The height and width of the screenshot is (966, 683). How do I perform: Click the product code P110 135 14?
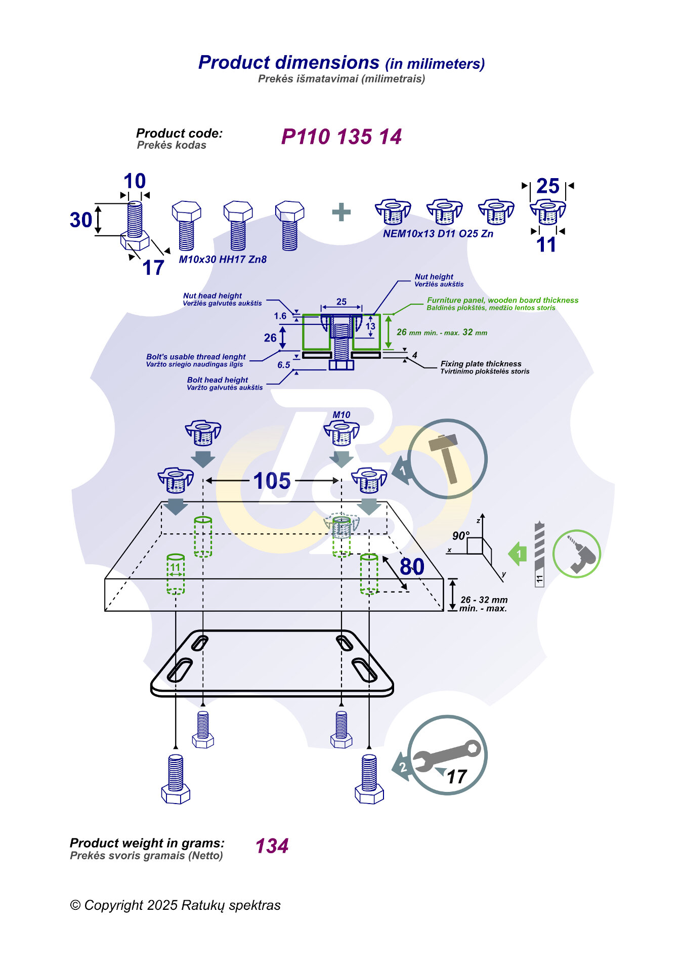pos(341,137)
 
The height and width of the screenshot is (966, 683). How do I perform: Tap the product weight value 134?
pos(272,846)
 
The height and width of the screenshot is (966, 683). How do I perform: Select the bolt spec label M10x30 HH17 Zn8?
pos(223,259)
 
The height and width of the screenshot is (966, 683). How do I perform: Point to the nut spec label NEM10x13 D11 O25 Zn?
pos(438,233)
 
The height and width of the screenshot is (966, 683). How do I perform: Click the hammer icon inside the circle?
pos(444,457)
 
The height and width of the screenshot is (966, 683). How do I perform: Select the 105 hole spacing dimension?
pos(272,481)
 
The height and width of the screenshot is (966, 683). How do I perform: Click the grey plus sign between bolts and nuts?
pos(341,212)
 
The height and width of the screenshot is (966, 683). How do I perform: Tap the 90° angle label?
pos(460,535)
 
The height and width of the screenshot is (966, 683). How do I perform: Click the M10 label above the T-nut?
pos(341,414)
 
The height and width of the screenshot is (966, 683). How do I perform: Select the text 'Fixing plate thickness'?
pos(481,363)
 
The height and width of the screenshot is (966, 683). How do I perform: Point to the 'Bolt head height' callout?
pos(218,380)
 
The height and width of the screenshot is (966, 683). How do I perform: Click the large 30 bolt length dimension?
pos(81,220)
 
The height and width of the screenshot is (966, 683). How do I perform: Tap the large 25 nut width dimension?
pos(547,186)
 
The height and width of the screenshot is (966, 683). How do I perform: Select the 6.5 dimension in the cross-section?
pos(284,365)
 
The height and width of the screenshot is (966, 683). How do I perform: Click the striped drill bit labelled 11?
pos(539,554)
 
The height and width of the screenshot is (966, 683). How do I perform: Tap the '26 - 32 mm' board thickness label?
pos(484,600)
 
